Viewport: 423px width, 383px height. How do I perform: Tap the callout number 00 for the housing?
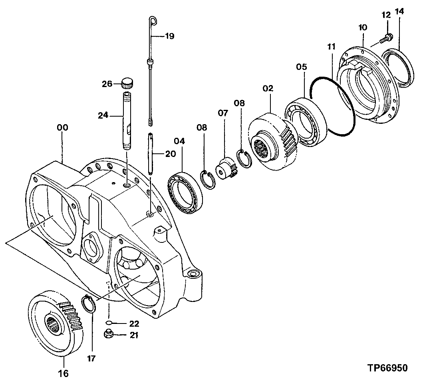point(62,128)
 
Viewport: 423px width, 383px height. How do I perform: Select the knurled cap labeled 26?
point(127,83)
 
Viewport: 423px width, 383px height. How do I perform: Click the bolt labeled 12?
point(386,39)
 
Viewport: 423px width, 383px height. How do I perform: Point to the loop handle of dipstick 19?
point(153,20)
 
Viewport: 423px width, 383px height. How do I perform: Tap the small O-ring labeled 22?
point(109,323)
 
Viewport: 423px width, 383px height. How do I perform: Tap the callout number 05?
point(302,66)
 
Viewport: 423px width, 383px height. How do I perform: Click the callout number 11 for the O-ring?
point(331,46)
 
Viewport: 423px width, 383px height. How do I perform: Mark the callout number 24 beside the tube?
point(103,116)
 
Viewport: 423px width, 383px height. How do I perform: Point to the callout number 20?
point(170,153)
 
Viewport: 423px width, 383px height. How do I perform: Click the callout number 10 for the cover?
point(363,28)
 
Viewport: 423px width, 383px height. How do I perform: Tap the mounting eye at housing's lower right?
point(194,274)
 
